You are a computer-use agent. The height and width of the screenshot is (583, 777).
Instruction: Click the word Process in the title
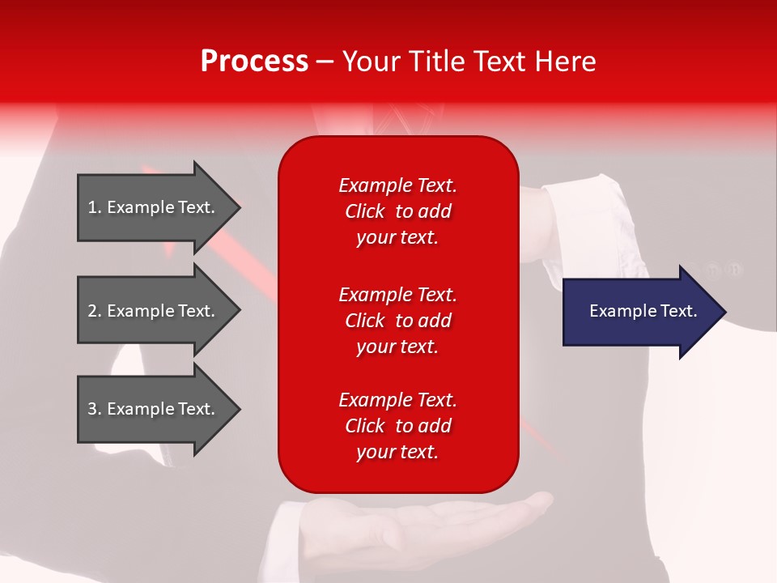254,62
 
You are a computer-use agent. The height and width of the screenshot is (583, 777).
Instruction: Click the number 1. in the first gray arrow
95,207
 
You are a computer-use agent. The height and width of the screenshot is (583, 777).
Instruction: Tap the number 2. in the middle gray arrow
95,311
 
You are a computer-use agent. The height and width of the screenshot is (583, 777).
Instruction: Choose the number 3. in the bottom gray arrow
95,409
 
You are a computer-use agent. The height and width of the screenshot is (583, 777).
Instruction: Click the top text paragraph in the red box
397,211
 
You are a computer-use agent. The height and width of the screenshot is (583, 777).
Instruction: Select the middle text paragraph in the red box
397,321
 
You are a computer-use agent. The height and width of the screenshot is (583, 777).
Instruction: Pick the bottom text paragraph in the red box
397,426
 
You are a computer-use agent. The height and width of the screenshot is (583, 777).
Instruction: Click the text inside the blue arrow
643,311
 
